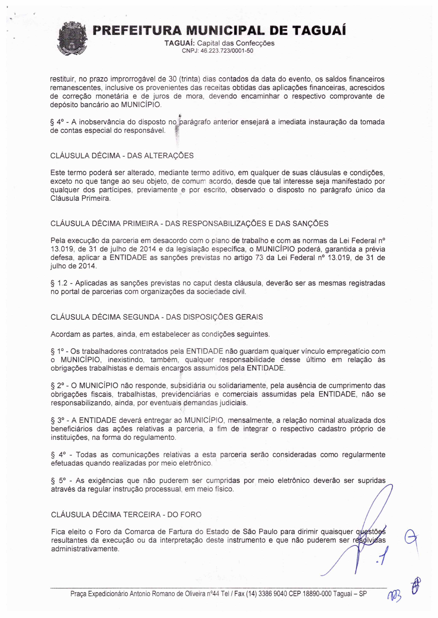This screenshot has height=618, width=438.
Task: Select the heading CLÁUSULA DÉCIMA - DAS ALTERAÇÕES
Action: [122, 156]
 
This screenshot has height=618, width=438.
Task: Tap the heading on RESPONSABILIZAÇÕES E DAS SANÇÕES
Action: [189, 224]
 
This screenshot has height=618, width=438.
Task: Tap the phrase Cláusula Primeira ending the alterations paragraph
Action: [80, 199]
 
